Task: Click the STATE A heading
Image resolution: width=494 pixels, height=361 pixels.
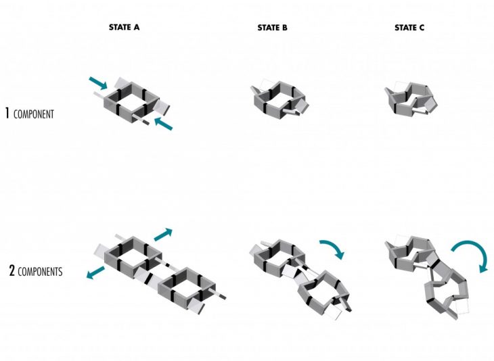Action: [x=124, y=28]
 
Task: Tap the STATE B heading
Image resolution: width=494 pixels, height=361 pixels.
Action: [x=273, y=28]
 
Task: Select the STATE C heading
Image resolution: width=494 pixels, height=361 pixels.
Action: [x=409, y=28]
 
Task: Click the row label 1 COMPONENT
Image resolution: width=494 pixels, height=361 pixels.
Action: [x=30, y=114]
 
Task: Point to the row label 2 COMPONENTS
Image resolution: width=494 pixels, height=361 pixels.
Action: [x=36, y=271]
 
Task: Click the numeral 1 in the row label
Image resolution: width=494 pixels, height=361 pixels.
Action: [x=7, y=114]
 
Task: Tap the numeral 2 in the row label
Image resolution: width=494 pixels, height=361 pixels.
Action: [x=12, y=270]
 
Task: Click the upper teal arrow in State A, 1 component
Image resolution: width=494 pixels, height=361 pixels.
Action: [x=98, y=82]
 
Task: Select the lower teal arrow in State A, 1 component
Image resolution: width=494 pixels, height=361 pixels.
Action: [x=164, y=124]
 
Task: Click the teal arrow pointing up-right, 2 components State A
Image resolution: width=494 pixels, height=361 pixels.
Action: [x=163, y=235]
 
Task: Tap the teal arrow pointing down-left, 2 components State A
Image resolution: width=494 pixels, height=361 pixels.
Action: [x=95, y=272]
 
